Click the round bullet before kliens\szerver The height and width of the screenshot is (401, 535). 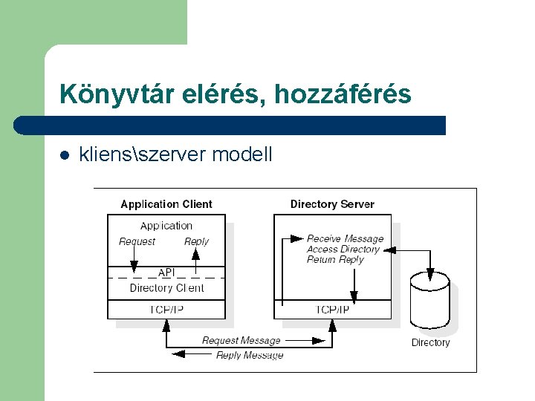click(x=65, y=155)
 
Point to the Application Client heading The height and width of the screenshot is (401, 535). click(x=166, y=204)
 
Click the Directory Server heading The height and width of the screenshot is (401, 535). click(x=332, y=204)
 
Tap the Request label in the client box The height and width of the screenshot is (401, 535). click(x=137, y=241)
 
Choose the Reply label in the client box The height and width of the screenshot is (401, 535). click(x=196, y=241)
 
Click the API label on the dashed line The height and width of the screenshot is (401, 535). click(x=166, y=273)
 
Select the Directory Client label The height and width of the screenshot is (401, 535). click(x=166, y=288)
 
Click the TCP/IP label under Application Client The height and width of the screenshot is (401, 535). click(x=166, y=310)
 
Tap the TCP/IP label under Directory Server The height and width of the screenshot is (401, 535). click(x=333, y=310)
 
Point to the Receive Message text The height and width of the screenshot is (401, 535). click(x=346, y=238)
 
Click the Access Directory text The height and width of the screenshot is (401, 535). click(x=343, y=249)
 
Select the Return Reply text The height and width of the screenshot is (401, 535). click(x=335, y=259)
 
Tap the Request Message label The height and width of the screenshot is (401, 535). click(x=241, y=341)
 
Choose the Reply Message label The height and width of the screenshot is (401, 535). click(x=250, y=356)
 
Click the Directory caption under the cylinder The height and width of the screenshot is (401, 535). click(x=431, y=342)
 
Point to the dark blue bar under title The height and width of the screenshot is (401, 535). click(x=230, y=125)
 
